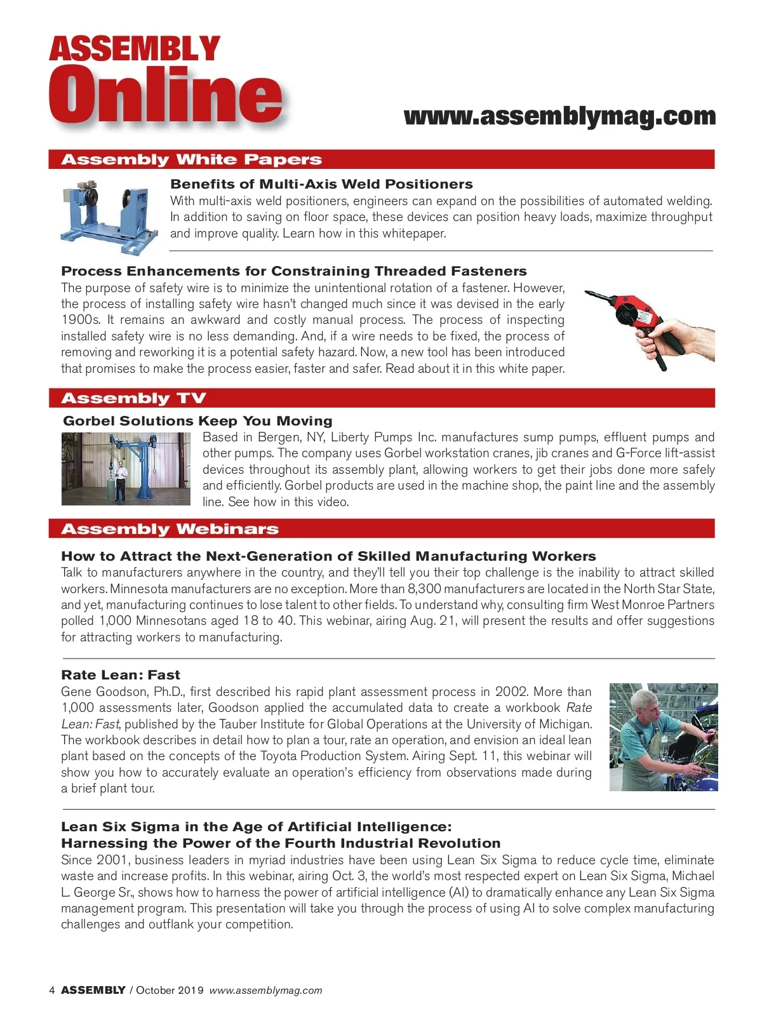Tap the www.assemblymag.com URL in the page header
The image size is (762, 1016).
559,116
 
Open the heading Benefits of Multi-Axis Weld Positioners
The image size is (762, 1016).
321,184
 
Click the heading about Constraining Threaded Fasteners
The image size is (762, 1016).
294,271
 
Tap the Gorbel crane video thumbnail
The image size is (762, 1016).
126,469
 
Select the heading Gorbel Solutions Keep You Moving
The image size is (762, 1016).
197,421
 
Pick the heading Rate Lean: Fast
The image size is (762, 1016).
121,675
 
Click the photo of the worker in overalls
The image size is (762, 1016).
663,737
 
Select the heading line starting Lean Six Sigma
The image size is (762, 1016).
257,827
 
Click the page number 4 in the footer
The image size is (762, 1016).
52,990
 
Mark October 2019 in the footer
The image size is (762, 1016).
170,990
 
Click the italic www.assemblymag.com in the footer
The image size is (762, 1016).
265,990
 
